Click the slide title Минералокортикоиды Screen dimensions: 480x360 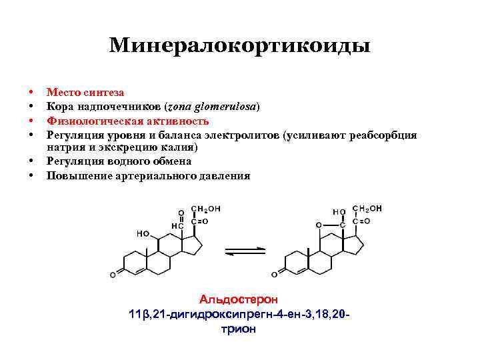(239, 45)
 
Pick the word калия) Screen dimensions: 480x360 (177, 147)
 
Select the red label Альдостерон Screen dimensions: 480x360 (239, 300)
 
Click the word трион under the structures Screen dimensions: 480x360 (238, 329)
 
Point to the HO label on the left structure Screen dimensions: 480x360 (143, 234)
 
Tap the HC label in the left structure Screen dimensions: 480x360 (177, 226)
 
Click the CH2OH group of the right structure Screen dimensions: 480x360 (367, 209)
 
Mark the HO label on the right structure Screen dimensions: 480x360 (339, 212)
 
